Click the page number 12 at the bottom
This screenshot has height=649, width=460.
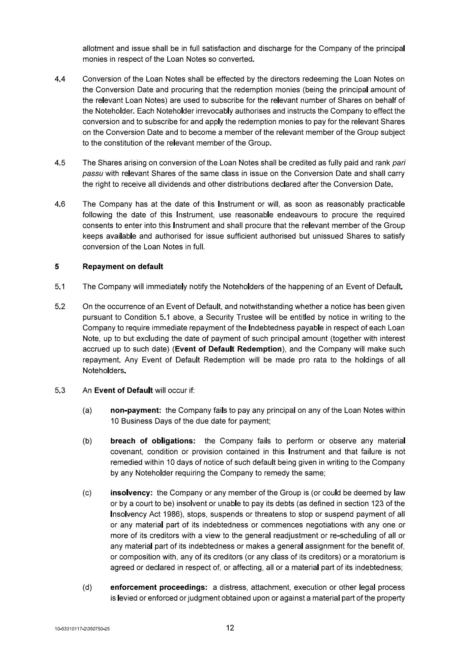(230, 628)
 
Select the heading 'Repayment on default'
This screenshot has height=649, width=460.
(123, 267)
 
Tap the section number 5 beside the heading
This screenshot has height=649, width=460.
(57, 267)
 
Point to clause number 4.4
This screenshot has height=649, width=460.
(60, 79)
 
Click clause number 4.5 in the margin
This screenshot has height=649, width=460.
(60, 163)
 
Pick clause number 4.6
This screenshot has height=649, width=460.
(60, 204)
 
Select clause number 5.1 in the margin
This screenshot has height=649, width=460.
(60, 287)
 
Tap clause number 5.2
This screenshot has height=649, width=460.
(60, 307)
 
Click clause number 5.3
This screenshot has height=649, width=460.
(60, 391)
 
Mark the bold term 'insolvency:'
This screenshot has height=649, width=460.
(132, 493)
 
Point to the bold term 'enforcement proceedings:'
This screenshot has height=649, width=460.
(159, 587)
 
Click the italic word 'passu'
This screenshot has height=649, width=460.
(92, 174)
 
